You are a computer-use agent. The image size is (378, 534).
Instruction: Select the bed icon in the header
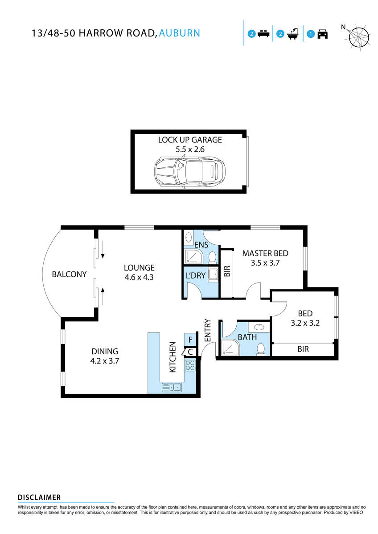(263, 34)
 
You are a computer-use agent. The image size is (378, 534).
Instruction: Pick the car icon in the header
(322, 34)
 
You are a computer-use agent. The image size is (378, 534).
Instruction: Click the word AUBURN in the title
(179, 33)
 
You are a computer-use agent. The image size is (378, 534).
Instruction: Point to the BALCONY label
(69, 275)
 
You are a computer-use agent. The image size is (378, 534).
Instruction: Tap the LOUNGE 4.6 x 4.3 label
(139, 272)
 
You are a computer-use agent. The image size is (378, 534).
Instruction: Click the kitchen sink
(172, 387)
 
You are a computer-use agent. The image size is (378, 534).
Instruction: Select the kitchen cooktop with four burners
(190, 366)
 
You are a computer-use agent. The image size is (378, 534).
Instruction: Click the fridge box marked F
(190, 340)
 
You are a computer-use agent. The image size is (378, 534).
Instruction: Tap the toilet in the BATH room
(261, 350)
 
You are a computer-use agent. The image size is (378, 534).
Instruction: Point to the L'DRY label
(196, 276)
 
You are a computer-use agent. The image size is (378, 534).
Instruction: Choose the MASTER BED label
(265, 258)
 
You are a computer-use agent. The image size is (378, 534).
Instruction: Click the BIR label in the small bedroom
(303, 349)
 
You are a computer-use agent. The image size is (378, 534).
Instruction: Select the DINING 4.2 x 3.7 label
(104, 356)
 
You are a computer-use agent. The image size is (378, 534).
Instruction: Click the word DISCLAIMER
(39, 498)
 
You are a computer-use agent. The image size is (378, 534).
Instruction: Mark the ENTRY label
(207, 331)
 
